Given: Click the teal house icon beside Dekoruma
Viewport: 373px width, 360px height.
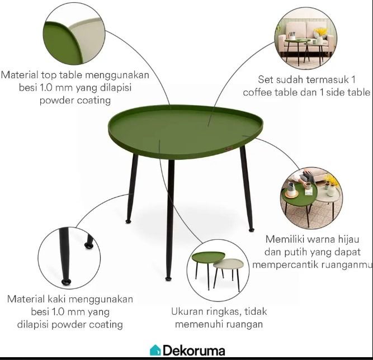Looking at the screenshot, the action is point(155,350).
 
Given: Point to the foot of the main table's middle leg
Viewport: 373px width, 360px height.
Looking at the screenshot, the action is point(168,278).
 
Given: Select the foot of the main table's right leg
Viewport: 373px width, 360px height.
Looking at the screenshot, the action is point(251,230).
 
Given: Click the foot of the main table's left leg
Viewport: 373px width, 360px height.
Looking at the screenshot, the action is point(128,221).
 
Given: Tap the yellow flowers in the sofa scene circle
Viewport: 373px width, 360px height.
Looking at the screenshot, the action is point(320,31).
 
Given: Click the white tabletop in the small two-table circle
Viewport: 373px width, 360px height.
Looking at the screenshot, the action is point(228,264).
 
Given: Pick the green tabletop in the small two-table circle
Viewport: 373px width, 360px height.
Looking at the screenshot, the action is point(207,257).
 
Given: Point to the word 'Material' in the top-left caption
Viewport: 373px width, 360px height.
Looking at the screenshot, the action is point(20,75).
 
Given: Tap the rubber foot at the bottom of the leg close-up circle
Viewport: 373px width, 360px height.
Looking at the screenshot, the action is point(66,282).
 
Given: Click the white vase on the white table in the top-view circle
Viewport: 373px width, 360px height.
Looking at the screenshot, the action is point(332,190).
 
